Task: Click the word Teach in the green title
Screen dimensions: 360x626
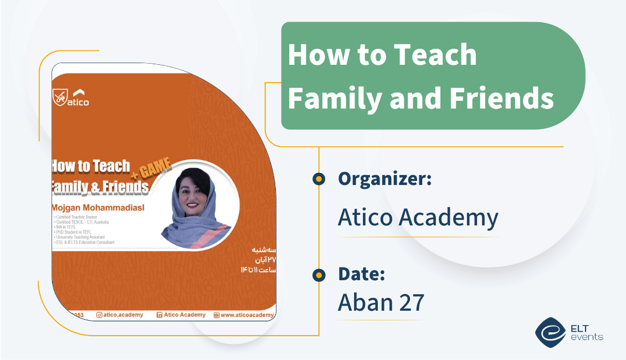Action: [x=441, y=55]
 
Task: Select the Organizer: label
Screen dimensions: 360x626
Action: [x=384, y=178]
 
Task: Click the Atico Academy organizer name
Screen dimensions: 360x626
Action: [x=418, y=218]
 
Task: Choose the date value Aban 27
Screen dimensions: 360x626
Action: [x=381, y=302]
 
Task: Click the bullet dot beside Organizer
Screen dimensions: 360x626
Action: [x=319, y=179]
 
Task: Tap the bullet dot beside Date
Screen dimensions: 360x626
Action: [x=319, y=274]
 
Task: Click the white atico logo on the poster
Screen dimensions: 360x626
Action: [x=70, y=97]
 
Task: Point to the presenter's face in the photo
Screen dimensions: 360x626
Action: [x=196, y=193]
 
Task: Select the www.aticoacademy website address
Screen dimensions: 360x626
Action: [x=247, y=315]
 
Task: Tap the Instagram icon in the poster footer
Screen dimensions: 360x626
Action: [x=100, y=315]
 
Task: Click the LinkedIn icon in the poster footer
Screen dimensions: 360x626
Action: [x=160, y=315]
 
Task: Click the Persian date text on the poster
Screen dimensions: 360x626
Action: [x=258, y=260]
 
